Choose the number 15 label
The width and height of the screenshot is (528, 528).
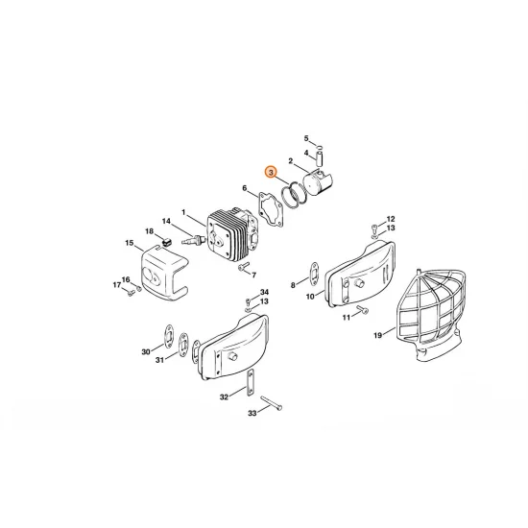click(x=129, y=244)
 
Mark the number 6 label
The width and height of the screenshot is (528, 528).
click(x=245, y=188)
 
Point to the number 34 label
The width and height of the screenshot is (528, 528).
click(x=264, y=291)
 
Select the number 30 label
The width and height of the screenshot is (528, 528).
click(x=146, y=352)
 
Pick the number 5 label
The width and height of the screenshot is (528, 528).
click(x=307, y=138)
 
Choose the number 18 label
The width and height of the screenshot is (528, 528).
click(x=149, y=231)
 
